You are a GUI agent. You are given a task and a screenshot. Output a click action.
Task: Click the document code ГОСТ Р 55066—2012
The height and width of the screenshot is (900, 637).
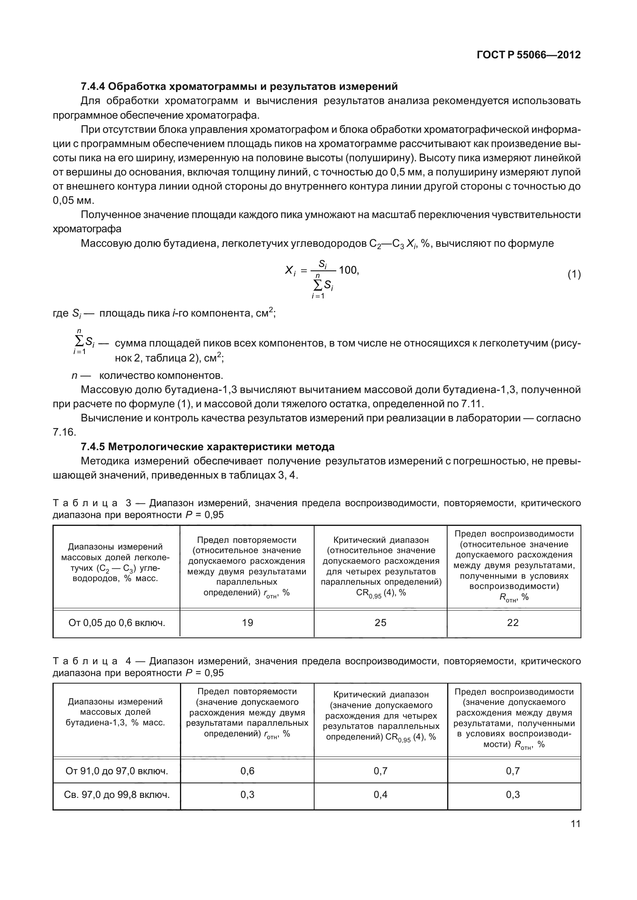528,55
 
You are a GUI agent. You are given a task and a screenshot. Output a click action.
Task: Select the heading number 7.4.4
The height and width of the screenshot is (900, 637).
93,86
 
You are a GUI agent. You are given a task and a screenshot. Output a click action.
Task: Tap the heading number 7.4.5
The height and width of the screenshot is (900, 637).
93,447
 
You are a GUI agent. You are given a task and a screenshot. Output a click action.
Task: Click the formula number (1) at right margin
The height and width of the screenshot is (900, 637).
574,274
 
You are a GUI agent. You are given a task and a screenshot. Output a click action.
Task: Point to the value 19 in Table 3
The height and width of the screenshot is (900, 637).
247,622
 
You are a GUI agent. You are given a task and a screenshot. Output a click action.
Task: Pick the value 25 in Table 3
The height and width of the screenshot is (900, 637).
380,622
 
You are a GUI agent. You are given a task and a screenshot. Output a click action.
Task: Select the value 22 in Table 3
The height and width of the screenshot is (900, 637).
513,622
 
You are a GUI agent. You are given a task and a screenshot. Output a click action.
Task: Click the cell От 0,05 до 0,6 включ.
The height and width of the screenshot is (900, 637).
117,623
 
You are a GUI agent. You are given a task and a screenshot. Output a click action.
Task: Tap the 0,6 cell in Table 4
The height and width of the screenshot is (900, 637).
247,771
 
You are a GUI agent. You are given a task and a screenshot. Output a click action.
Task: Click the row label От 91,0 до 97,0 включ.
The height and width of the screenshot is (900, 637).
117,771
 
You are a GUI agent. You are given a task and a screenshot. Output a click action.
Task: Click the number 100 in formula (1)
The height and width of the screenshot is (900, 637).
348,270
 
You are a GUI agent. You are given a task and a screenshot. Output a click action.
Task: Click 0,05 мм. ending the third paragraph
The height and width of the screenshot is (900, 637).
74,200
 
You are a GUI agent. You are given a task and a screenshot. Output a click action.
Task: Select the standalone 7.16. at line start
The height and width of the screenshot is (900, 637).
64,432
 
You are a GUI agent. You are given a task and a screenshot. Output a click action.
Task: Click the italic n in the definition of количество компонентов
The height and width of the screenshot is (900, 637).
74,375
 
